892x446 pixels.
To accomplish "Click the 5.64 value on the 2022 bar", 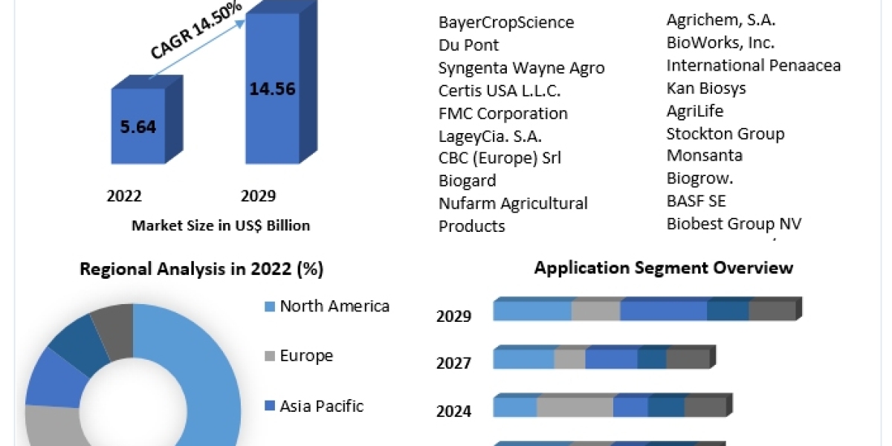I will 138,126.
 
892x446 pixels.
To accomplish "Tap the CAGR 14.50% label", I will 196,30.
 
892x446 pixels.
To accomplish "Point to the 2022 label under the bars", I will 124,196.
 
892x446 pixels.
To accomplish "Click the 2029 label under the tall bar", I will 258,196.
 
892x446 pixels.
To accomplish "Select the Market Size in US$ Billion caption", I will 221,225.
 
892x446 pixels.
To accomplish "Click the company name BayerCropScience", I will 506,22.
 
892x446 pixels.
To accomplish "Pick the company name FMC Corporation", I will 503,113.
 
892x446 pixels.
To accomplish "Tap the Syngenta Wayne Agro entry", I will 521,68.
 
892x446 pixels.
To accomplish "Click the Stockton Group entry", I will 725,134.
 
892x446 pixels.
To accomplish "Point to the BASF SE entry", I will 696,201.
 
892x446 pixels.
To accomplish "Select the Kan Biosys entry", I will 706,88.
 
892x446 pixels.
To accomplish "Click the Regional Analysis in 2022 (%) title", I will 201,269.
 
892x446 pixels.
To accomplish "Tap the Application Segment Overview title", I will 664,268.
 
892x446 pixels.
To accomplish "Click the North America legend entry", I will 334,306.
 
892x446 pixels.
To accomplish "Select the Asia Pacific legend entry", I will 321,406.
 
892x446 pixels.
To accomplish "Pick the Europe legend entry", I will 306,355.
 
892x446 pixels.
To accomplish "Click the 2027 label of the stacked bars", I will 453,363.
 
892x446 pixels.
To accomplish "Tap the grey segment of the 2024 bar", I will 575,407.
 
